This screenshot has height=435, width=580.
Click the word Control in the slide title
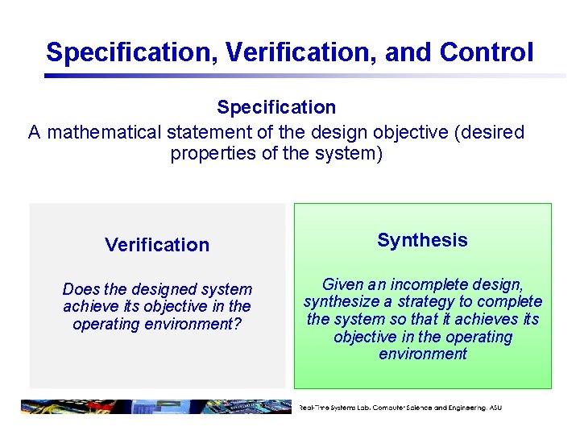(487, 52)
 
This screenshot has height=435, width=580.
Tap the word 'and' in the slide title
(408, 52)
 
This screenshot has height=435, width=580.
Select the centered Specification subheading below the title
(276, 107)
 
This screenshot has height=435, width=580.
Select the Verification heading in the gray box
(157, 245)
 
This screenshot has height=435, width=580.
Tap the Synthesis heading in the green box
(422, 240)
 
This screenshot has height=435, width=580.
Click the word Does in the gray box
(80, 289)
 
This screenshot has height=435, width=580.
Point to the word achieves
(493, 319)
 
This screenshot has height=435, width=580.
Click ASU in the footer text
(493, 408)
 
